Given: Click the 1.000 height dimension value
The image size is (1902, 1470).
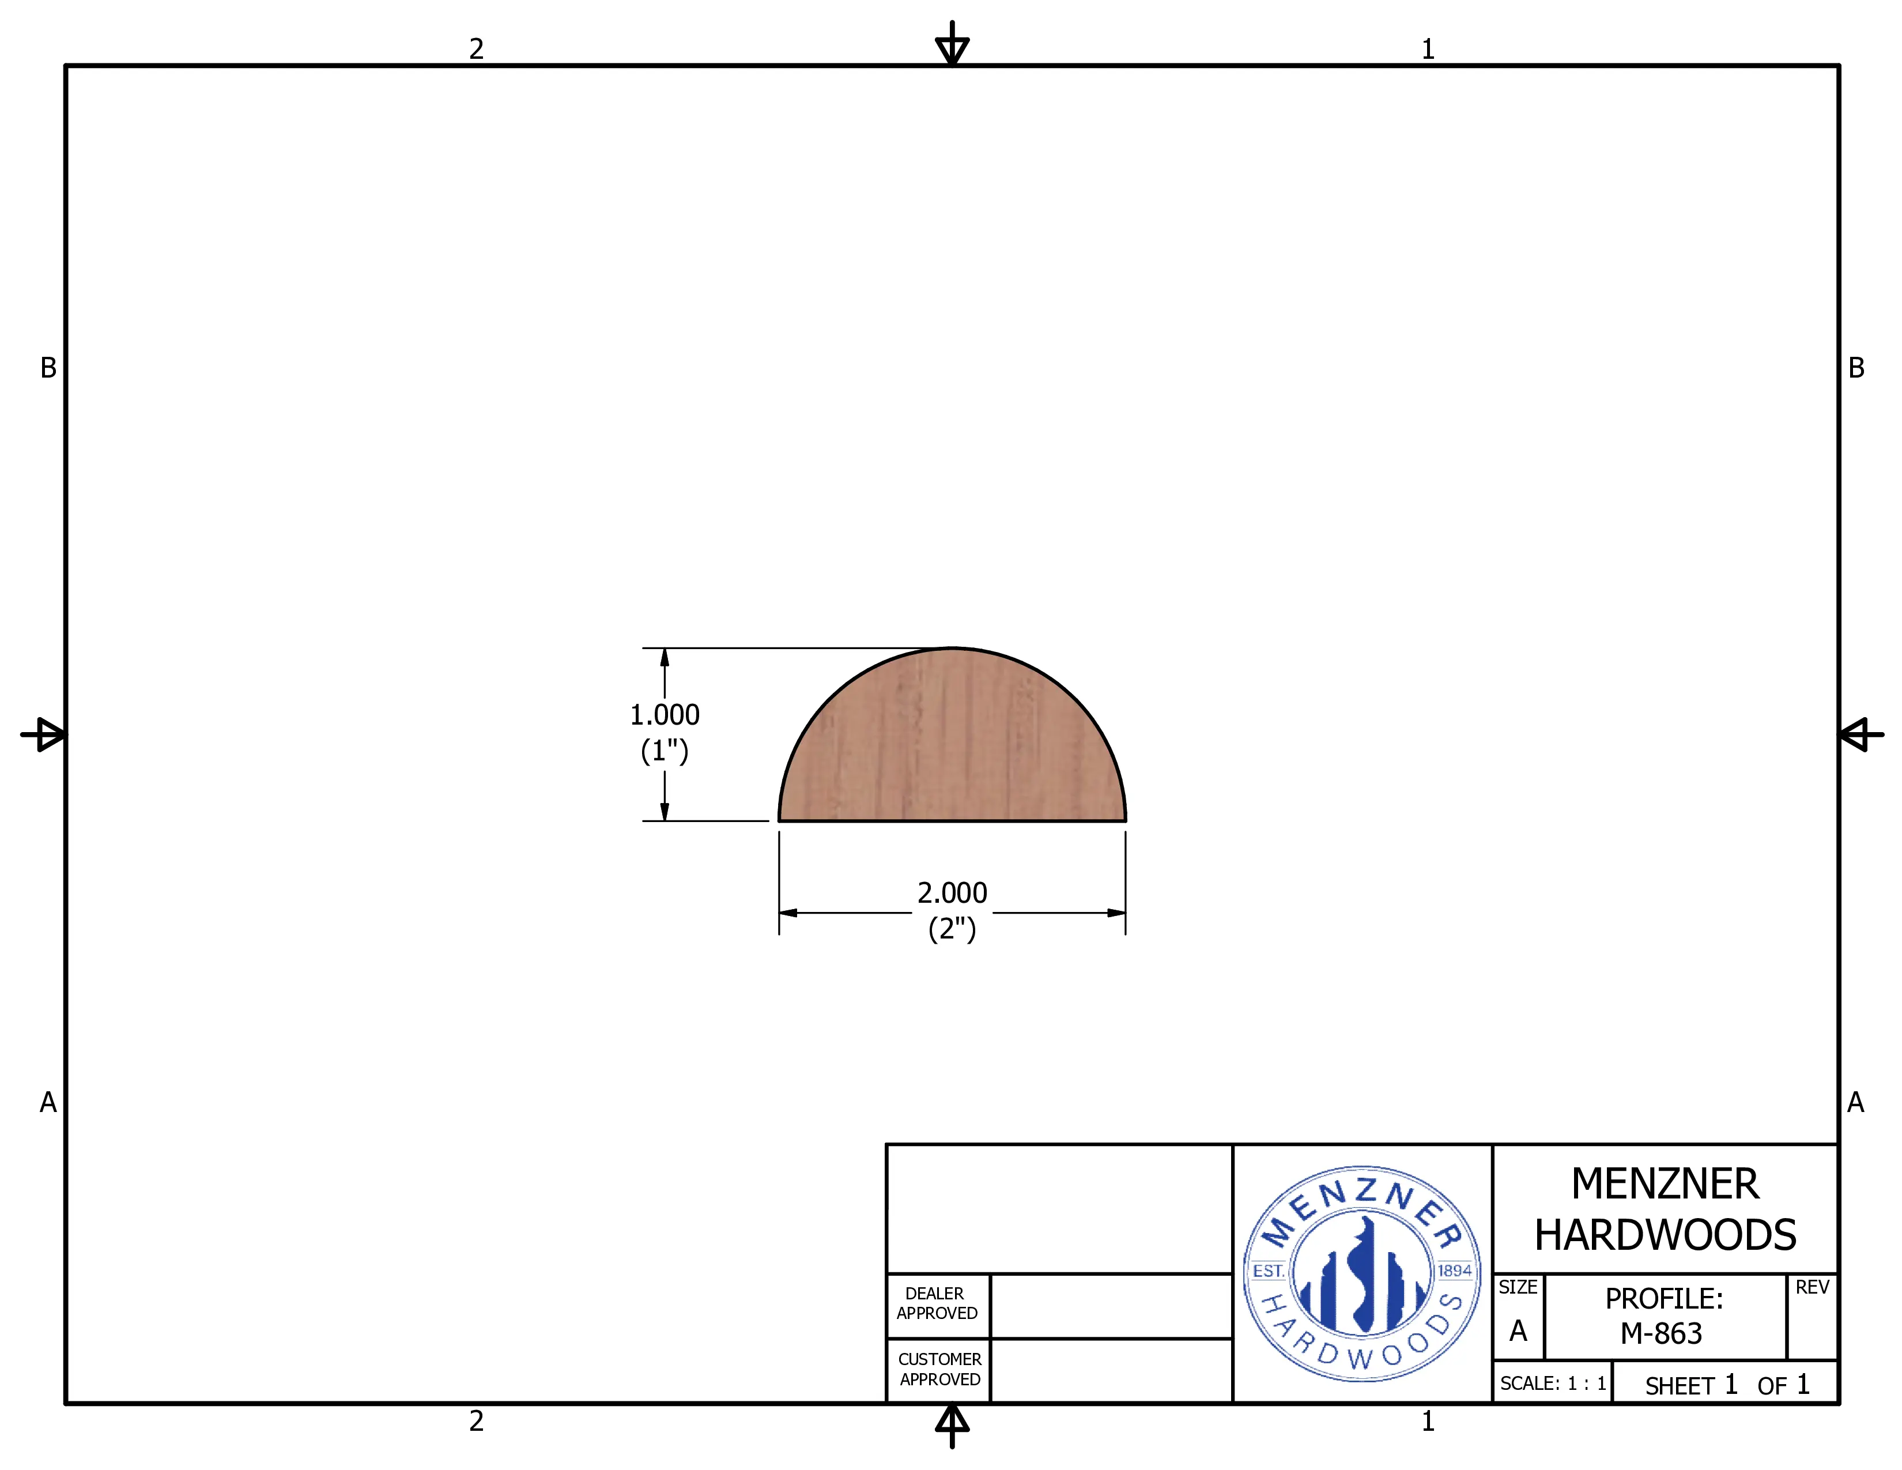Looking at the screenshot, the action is pos(665,715).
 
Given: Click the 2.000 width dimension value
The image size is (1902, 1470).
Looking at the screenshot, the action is pos(952,892).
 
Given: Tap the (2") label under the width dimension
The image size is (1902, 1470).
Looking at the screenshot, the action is pos(952,929).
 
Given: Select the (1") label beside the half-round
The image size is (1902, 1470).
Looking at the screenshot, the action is pos(665,751).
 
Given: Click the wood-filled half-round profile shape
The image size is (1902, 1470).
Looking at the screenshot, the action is pos(952,749).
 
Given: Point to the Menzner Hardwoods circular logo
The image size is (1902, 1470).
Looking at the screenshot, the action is pos(1362,1273).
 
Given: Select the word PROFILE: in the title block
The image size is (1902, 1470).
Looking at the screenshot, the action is pos(1665,1298).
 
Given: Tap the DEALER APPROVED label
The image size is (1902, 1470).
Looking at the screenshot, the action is pos(937,1303).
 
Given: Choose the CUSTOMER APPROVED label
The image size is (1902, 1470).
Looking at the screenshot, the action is pos(939,1369).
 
